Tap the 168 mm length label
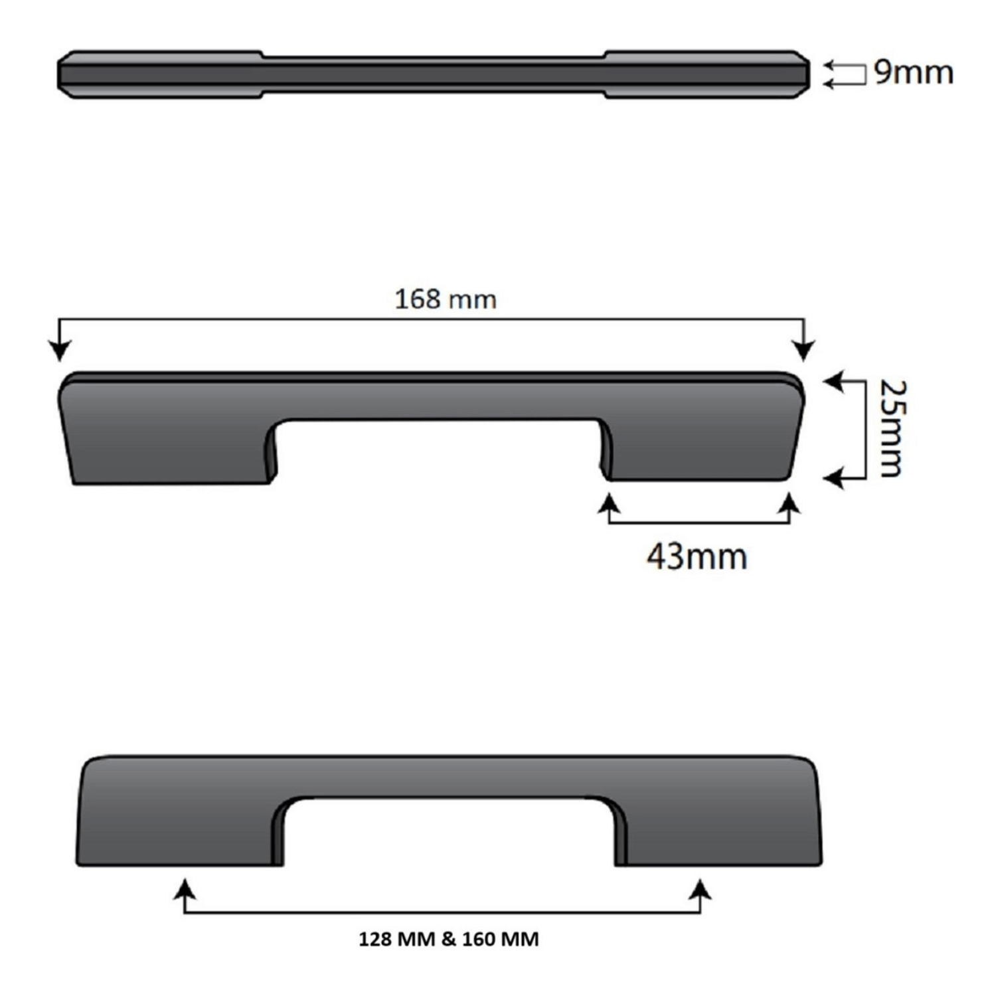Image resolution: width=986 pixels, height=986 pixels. point(445,299)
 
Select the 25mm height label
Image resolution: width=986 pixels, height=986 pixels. point(890,428)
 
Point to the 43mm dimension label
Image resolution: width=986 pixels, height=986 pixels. point(697,556)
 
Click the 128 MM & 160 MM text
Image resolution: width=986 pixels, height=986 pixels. point(448,940)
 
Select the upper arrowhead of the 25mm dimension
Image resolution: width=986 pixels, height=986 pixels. point(833,382)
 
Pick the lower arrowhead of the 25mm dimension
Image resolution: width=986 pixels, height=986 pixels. point(833,477)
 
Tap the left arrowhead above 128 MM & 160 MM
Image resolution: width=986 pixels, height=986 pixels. point(185,890)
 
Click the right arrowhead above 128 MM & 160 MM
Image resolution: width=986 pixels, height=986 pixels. point(700,890)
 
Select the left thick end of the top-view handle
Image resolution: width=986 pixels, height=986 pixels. point(159,74)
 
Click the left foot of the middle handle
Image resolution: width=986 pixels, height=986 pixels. point(169,452)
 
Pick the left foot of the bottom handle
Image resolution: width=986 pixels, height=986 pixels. point(179,833)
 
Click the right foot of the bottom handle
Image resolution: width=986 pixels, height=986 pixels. point(720,833)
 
